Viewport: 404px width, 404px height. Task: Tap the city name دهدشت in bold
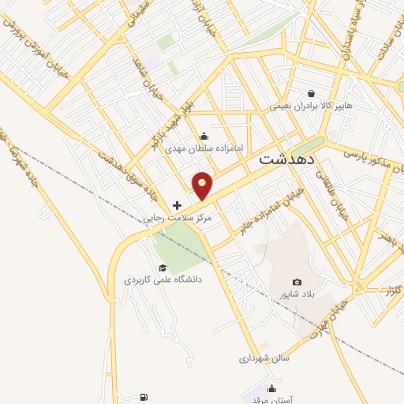click(x=287, y=158)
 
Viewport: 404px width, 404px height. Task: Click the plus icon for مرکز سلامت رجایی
click(x=177, y=205)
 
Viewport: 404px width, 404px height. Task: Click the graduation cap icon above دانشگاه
click(x=162, y=267)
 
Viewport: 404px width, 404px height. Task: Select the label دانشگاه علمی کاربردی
click(x=163, y=279)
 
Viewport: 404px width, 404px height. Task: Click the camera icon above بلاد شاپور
click(x=297, y=282)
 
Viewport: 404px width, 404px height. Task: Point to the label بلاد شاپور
click(x=297, y=294)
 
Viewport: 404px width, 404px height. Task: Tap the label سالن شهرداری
click(x=265, y=357)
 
